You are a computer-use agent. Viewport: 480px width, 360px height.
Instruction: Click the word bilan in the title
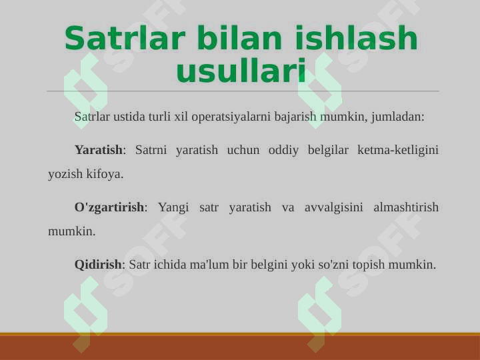[239, 38]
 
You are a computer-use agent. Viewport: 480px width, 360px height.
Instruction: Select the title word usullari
[241, 71]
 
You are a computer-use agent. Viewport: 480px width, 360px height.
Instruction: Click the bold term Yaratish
[98, 150]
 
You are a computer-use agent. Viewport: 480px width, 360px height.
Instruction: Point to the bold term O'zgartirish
[109, 207]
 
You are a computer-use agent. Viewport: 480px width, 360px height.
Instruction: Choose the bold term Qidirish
[98, 264]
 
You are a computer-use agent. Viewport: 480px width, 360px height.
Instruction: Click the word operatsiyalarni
[231, 117]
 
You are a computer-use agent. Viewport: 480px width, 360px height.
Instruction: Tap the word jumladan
[398, 117]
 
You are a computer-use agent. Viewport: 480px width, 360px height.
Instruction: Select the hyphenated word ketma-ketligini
[398, 150]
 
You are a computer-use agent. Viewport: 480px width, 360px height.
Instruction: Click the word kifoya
[105, 174]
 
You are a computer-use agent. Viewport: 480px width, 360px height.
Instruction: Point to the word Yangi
[173, 207]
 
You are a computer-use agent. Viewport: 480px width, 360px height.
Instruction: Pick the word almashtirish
[406, 207]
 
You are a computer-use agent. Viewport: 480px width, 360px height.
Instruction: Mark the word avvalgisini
[334, 207]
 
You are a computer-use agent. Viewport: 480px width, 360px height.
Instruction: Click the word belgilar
[328, 150]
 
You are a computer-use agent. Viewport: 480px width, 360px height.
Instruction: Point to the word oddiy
[283, 150]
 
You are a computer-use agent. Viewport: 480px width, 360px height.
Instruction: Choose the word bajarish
[295, 117]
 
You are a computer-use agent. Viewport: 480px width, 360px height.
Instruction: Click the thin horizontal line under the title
[243, 91]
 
